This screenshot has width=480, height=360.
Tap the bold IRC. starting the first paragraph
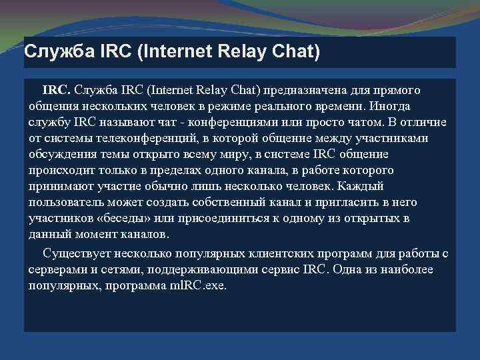point(57,90)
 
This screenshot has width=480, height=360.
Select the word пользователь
point(65,203)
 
